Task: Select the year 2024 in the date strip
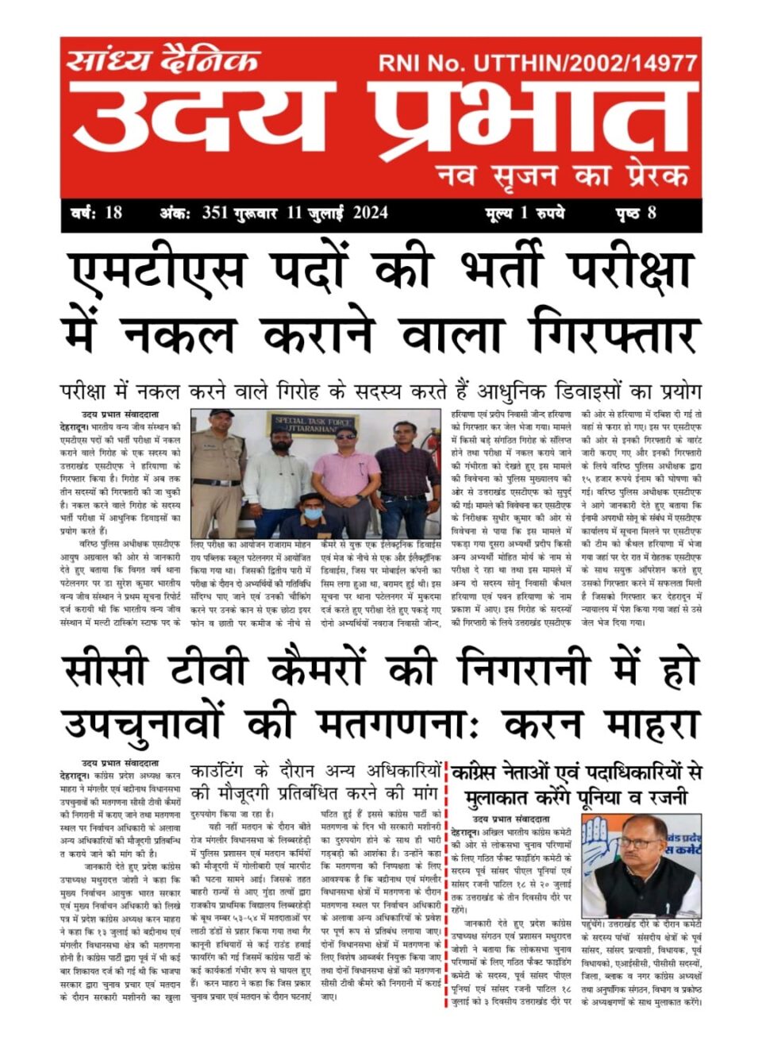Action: tap(370, 212)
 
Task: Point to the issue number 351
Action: tap(215, 212)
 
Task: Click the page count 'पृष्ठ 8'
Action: tap(635, 212)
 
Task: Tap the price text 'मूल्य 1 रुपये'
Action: tap(525, 212)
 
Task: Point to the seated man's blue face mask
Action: tap(313, 513)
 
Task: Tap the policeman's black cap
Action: tap(221, 414)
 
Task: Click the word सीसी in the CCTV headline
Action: tap(106, 670)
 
